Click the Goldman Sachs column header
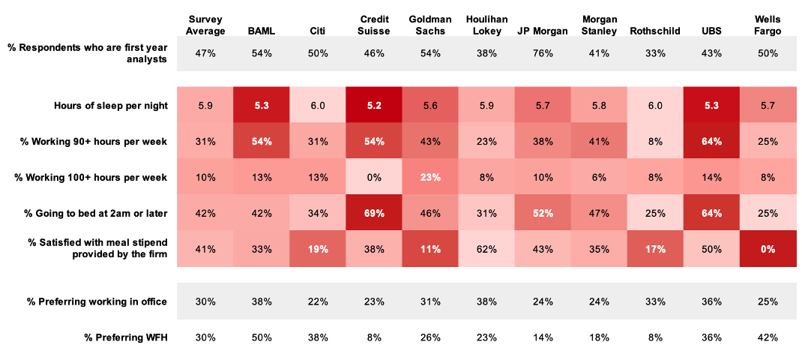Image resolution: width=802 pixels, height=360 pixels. pos(429,25)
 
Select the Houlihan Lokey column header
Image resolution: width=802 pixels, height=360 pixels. pos(486,25)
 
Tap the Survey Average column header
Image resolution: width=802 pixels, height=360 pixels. pos(205,25)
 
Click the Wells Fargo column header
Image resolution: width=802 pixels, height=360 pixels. pos(768,25)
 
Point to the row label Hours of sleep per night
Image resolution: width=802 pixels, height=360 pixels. pos(111,106)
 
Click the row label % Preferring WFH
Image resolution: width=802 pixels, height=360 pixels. pos(126,337)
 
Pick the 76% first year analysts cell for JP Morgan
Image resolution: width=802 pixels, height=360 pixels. pos(543,53)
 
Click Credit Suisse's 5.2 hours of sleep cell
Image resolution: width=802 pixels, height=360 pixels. pos(373,106)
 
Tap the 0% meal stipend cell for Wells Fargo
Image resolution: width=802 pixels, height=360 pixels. pos(768,248)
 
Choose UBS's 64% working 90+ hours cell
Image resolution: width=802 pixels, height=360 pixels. pos(711,142)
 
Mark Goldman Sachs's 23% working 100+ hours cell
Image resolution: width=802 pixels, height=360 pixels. pos(429,177)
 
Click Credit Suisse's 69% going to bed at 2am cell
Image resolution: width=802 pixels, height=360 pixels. pos(373,213)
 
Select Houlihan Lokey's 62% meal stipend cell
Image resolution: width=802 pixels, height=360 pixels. pos(486,248)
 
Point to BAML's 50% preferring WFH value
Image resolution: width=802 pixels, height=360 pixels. pos(261,337)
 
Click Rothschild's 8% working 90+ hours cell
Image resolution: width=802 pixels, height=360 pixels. pos(655,142)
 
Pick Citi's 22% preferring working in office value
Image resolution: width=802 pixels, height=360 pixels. pos(317,301)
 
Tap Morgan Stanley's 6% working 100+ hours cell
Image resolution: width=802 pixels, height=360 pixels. pos(599,177)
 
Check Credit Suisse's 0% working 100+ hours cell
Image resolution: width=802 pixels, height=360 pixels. pos(373,177)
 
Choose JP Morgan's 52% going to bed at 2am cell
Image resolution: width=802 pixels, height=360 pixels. pos(543,213)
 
